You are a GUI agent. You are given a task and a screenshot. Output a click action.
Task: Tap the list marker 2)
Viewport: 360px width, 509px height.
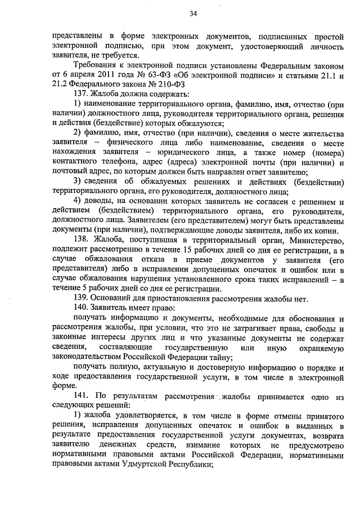(x=78, y=133)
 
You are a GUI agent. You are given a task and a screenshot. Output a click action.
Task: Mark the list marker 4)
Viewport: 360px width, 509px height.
(x=78, y=201)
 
